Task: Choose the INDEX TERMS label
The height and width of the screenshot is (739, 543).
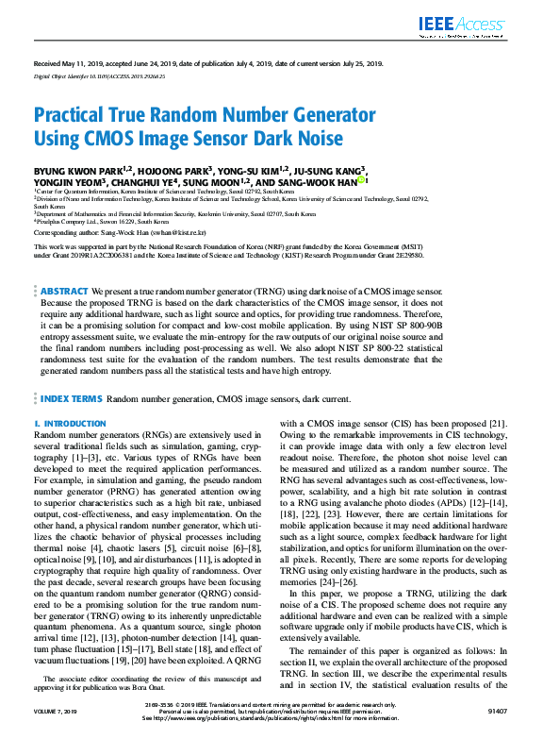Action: pos(72,399)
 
